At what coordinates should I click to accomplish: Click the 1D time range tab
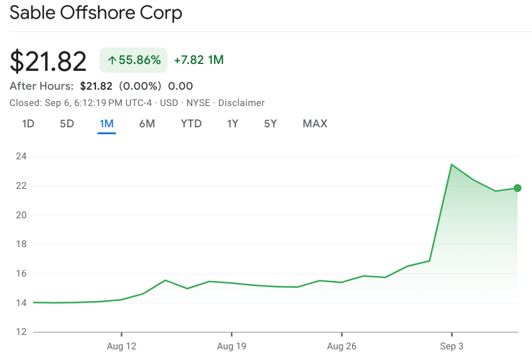click(x=28, y=124)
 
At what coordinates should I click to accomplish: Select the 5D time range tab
click(x=67, y=124)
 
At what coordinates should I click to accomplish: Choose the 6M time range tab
click(x=147, y=124)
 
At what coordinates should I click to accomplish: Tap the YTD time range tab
click(x=191, y=124)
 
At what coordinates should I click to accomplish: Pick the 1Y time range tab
click(x=233, y=124)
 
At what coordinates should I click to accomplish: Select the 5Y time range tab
click(x=270, y=124)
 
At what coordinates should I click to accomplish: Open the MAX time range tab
click(x=315, y=124)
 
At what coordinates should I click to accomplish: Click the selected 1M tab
click(x=107, y=124)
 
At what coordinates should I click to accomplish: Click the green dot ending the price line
click(x=518, y=188)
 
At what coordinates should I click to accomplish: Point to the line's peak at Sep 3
click(x=451, y=164)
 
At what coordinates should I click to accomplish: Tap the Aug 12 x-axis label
click(x=122, y=346)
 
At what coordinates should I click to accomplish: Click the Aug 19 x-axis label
click(x=231, y=346)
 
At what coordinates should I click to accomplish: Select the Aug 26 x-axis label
click(x=341, y=346)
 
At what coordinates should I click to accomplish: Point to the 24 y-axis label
click(x=21, y=156)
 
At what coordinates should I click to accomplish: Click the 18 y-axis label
click(x=21, y=244)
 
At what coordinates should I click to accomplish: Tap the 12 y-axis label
click(x=21, y=332)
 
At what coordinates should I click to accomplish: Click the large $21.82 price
click(x=48, y=61)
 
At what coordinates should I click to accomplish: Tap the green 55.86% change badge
click(x=134, y=60)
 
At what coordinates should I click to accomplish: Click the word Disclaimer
click(x=242, y=103)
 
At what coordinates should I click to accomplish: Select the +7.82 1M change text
click(x=199, y=60)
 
